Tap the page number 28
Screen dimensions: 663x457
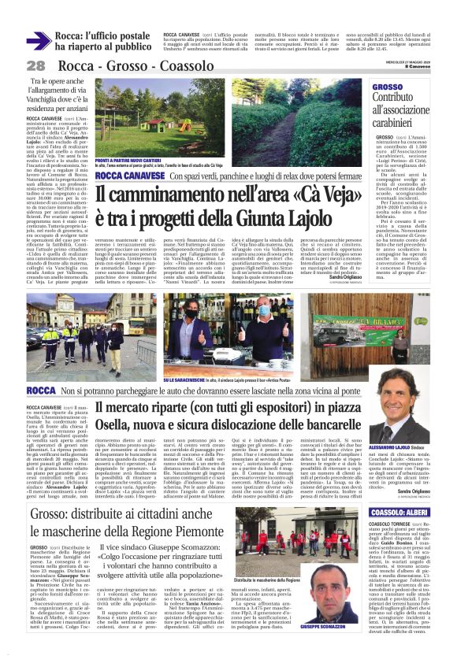(x=35, y=66)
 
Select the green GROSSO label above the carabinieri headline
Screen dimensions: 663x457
(x=387, y=87)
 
